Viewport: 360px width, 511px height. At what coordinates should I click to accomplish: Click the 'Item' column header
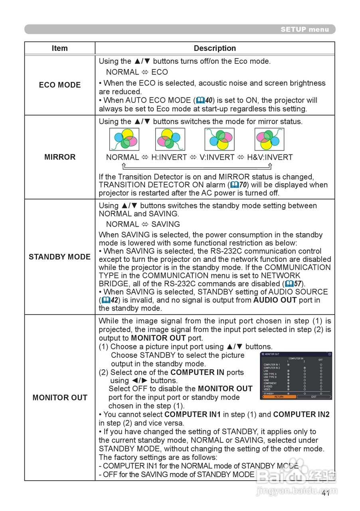coord(59,48)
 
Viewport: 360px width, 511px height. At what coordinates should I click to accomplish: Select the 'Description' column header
coord(215,48)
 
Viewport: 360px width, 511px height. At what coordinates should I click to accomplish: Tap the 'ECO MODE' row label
coord(59,85)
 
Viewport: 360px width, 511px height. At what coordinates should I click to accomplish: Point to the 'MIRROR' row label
coord(60,157)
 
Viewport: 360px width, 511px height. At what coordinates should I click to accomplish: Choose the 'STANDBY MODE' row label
coord(59,257)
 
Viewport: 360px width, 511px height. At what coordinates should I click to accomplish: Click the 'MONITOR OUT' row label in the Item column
coord(59,398)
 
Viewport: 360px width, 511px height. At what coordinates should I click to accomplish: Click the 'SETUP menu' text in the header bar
coord(305,29)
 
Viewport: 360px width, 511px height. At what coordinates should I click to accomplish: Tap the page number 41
coord(325,493)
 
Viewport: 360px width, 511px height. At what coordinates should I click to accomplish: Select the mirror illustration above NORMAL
coord(125,139)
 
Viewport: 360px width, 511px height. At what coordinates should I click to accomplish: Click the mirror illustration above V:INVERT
coord(220,139)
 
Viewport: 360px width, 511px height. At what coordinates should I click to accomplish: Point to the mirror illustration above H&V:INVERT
coord(269,139)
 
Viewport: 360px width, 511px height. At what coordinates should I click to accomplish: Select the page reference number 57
coord(297,284)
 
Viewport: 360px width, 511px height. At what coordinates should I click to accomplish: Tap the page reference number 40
coord(208,100)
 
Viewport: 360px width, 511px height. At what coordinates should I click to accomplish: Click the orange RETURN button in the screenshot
coord(279,397)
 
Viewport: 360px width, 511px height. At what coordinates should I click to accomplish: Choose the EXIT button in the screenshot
coord(314,397)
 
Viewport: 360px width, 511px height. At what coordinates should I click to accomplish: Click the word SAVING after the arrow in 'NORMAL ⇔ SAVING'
coord(165,224)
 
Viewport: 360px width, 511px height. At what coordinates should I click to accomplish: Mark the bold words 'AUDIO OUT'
coord(275,300)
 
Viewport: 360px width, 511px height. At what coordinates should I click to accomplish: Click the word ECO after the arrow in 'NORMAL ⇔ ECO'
coord(159,72)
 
